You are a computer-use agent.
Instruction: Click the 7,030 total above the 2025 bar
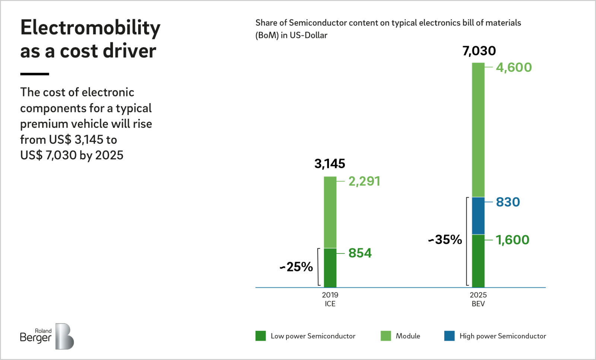click(x=479, y=51)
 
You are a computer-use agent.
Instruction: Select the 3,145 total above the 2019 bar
click(x=330, y=164)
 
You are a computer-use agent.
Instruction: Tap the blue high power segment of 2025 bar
click(x=478, y=216)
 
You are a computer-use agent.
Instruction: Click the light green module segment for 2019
click(x=330, y=212)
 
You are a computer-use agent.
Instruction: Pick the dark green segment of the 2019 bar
click(x=330, y=268)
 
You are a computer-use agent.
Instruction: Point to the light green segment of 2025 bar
click(x=478, y=130)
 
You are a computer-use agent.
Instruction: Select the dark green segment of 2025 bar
click(x=478, y=261)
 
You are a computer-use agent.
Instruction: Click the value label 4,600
click(x=514, y=67)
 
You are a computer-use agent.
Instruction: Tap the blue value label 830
click(x=508, y=202)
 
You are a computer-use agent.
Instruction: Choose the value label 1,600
click(x=512, y=240)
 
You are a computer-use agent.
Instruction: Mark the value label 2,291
click(x=364, y=181)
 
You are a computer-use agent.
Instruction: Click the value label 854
click(x=360, y=253)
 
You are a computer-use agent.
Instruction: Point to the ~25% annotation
click(x=297, y=267)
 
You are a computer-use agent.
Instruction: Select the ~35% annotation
click(x=445, y=240)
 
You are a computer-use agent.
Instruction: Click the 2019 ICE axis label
click(x=330, y=299)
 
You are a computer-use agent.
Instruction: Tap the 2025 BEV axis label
click(x=478, y=299)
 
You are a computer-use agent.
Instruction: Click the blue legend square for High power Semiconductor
click(x=449, y=336)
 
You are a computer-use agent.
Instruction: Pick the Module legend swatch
click(x=386, y=336)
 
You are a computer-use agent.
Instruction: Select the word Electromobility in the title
click(x=90, y=28)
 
